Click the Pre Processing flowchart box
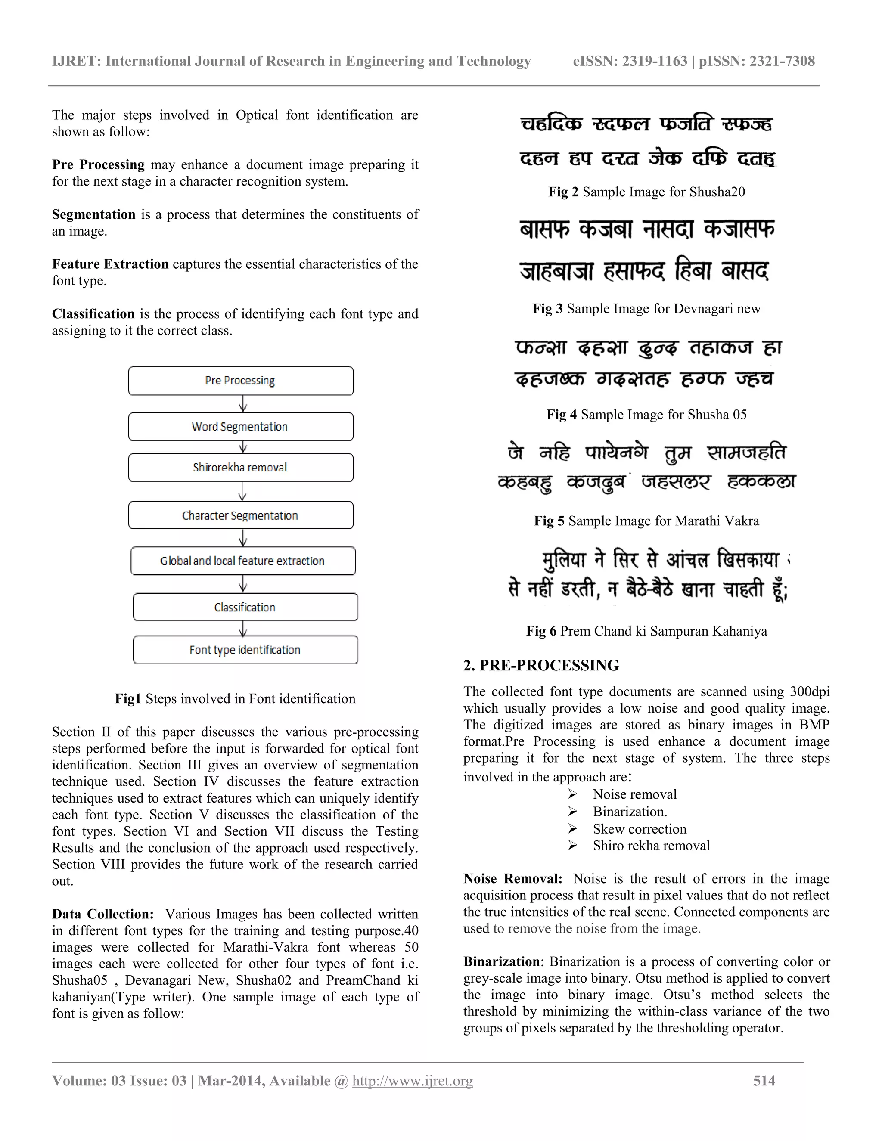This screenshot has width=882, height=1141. coord(240,380)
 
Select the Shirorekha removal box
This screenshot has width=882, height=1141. coord(240,467)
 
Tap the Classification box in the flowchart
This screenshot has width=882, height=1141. coord(245,607)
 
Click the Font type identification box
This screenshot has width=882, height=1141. coord(245,650)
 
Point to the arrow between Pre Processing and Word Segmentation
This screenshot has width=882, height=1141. coord(242,404)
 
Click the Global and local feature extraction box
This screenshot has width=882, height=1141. coord(243,561)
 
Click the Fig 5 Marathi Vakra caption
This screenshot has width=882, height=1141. coord(646,521)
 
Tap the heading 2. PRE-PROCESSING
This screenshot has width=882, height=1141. coord(541,665)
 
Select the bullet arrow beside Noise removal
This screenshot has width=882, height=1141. coord(573,795)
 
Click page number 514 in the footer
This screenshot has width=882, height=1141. coord(764,1080)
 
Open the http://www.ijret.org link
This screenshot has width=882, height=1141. coord(412,1080)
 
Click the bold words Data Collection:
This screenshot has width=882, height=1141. coord(102,914)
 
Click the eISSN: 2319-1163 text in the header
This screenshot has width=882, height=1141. coord(630,61)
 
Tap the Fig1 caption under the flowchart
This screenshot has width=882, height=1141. coord(235,698)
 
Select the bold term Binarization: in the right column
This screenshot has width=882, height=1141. coord(503,961)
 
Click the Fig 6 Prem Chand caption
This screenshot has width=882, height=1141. coord(646,631)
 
